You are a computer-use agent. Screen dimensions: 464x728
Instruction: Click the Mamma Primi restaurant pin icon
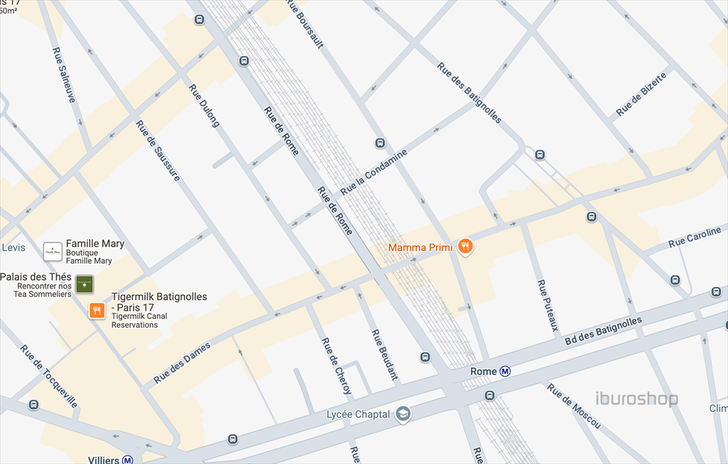(465, 247)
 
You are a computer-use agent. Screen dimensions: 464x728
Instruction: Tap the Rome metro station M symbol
(505, 371)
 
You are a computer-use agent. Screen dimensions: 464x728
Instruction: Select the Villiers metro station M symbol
(128, 460)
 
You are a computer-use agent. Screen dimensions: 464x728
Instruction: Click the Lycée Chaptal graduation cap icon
(403, 414)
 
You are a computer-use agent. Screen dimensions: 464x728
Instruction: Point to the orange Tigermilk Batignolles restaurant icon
(97, 311)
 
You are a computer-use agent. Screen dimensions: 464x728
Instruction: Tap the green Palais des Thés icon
(84, 284)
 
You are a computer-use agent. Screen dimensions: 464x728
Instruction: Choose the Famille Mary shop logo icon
(53, 251)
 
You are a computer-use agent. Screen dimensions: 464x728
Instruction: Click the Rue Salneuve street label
(64, 75)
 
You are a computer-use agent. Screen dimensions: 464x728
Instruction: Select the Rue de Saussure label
(158, 150)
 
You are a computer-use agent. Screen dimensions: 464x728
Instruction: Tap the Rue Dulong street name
(204, 106)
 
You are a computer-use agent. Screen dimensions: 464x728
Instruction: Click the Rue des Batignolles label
(469, 92)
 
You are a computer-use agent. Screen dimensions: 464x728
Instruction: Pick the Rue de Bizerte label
(642, 94)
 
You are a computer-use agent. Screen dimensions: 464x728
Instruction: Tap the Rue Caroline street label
(695, 237)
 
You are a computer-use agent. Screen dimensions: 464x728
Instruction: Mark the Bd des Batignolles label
(603, 332)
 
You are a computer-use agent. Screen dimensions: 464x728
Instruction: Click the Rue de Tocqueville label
(49, 376)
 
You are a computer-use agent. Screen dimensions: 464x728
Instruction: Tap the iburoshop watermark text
(636, 399)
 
